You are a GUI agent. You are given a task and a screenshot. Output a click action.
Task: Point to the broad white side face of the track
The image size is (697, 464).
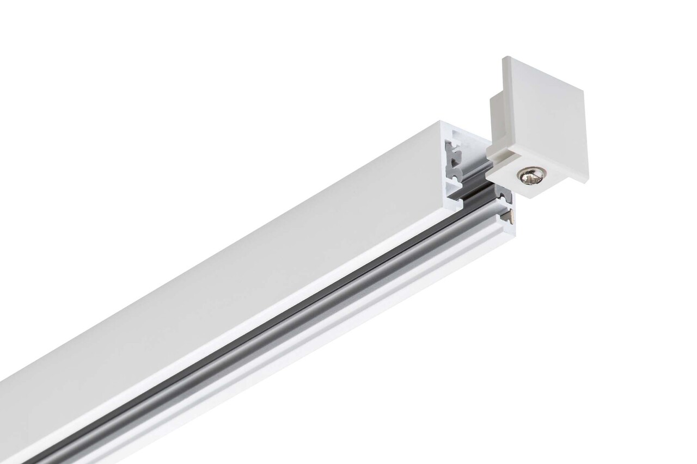(218, 283)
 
